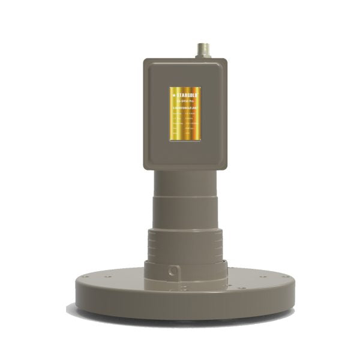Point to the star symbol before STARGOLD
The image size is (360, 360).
point(173,95)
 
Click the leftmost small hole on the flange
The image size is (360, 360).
point(88,278)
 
